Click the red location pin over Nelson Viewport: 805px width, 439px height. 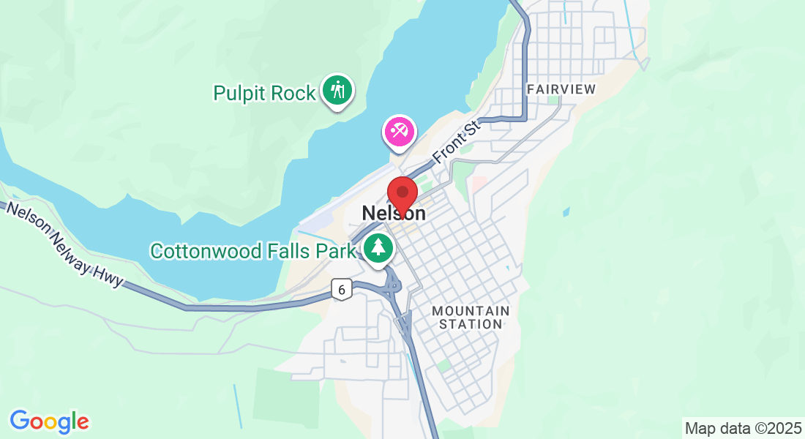pyautogui.click(x=402, y=193)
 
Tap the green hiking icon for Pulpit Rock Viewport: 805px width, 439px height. pyautogui.click(x=337, y=91)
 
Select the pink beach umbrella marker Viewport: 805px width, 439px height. pyautogui.click(x=399, y=132)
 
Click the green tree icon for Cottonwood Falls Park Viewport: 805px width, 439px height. pyautogui.click(x=378, y=248)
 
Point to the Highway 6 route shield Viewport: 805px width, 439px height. pyautogui.click(x=341, y=289)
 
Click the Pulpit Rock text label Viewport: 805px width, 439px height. pyautogui.click(x=264, y=93)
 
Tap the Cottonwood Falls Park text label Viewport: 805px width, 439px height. pyautogui.click(x=252, y=251)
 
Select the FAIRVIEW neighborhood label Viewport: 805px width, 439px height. pyautogui.click(x=561, y=89)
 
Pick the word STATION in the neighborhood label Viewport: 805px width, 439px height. pyautogui.click(x=471, y=324)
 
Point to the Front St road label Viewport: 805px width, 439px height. pyautogui.click(x=456, y=142)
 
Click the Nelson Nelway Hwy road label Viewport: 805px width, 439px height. pyautogui.click(x=64, y=246)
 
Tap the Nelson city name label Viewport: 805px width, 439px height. pyautogui.click(x=393, y=213)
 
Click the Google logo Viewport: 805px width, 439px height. pyautogui.click(x=49, y=421)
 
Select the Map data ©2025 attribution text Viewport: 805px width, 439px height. pyautogui.click(x=742, y=428)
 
